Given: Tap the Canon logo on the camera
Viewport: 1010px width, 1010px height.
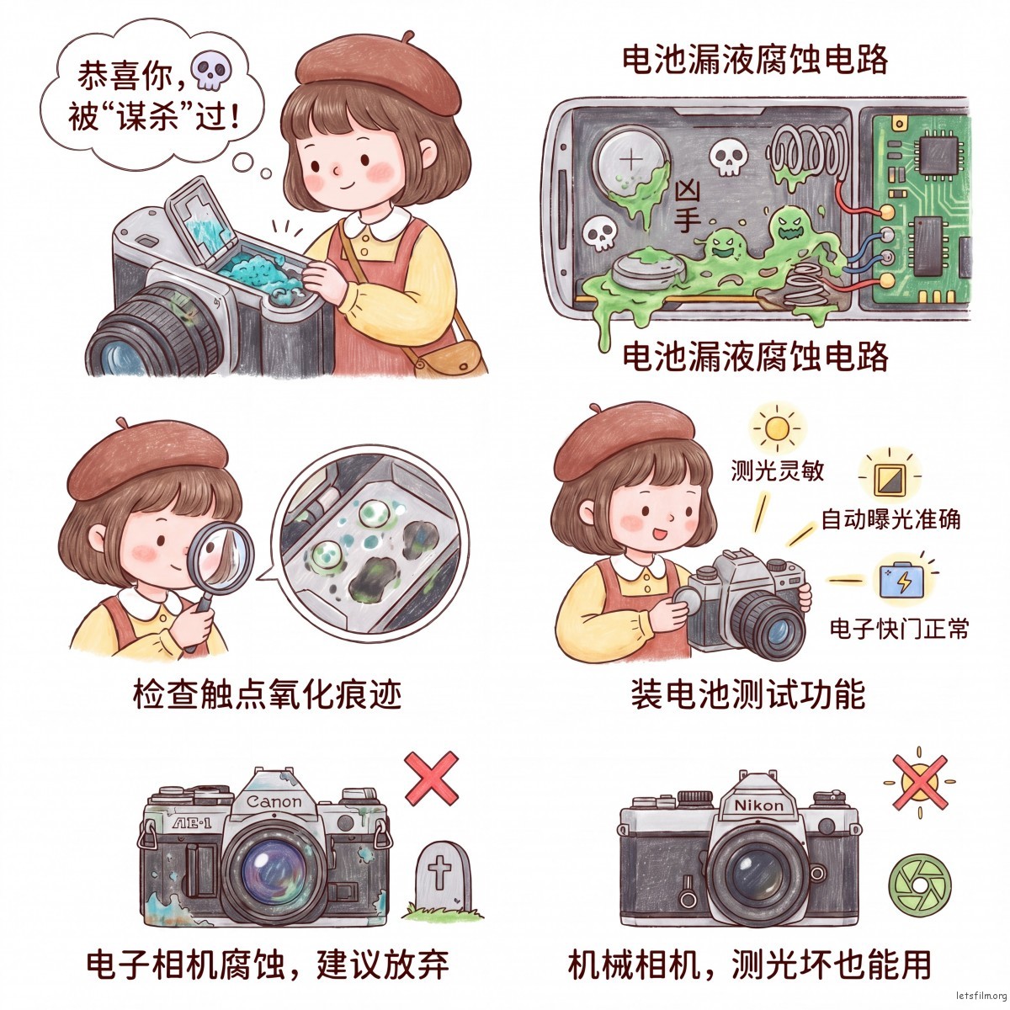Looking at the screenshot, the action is pos(274,801).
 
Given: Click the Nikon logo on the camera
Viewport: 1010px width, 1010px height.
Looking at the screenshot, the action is pos(758,805).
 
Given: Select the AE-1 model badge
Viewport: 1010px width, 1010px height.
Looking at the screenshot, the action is pos(192,823).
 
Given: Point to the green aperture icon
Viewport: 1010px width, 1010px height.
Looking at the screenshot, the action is pos(920,886).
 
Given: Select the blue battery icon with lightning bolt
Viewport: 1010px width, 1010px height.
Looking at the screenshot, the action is pos(901,580).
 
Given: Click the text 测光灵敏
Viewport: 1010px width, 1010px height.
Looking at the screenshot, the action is pos(778,470).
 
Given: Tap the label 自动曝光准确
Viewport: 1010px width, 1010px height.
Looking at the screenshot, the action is pos(890,519).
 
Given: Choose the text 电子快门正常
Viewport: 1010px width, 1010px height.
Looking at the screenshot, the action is pos(900,629).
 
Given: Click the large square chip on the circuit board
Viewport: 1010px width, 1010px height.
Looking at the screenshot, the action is pos(936,151).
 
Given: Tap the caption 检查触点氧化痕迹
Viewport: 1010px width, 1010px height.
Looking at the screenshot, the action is pos(268,695).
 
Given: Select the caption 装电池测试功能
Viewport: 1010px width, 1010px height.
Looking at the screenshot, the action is pos(747,694).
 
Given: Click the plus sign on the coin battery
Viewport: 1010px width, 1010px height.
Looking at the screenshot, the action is pos(633,159).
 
